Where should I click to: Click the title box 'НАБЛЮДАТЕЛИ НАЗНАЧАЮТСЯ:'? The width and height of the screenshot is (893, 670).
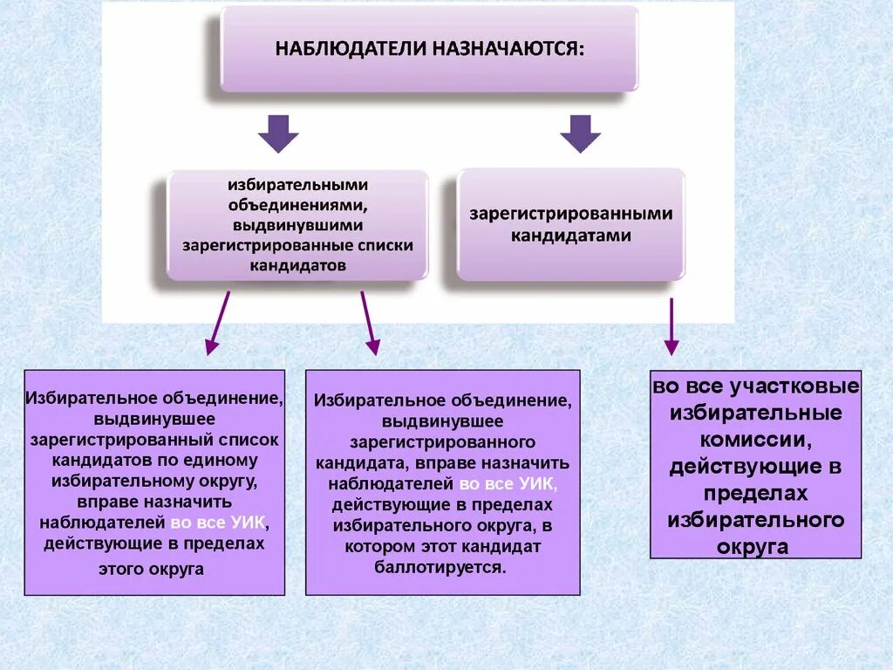(429, 48)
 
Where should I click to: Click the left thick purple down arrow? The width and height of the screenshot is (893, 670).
(278, 133)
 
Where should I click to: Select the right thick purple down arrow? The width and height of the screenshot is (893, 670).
(580, 133)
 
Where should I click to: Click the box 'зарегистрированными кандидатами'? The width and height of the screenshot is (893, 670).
(571, 224)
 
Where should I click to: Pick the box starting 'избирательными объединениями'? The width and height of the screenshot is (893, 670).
(297, 224)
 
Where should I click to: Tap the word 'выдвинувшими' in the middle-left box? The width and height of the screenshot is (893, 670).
(297, 225)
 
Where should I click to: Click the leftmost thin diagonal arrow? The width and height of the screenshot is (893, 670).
(218, 322)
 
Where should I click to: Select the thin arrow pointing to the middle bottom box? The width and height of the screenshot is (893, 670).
(369, 322)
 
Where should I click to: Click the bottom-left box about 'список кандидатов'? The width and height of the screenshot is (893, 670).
(154, 482)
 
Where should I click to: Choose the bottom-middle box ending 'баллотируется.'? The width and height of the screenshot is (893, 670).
(442, 482)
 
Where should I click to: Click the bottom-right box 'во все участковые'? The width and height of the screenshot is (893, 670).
(755, 466)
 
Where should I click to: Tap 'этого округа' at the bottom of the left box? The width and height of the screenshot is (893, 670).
(153, 569)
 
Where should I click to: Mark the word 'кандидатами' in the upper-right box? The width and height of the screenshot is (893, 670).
(571, 236)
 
